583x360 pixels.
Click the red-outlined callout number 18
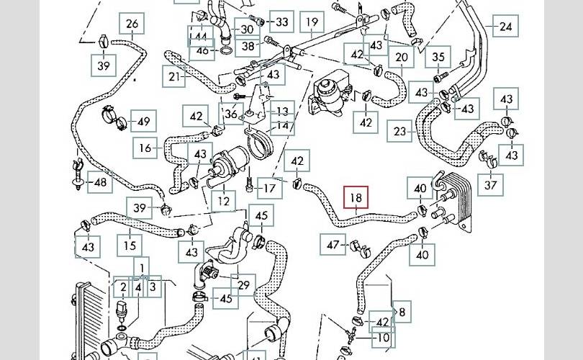point(356,199)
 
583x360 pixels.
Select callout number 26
point(132,24)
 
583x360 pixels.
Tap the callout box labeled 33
point(281,22)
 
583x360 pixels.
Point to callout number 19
point(312,23)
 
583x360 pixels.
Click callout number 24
point(506,27)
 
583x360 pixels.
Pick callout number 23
point(400,132)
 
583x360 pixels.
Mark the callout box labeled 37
point(492,185)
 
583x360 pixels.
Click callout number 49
point(144,121)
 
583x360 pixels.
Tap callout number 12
point(224,201)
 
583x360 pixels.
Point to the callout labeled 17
point(269,189)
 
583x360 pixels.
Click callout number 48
point(100,183)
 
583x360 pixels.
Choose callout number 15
point(130,246)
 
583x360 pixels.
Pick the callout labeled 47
point(333,246)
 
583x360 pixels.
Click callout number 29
point(244,286)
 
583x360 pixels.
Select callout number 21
point(174,76)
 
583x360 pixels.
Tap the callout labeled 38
point(249,46)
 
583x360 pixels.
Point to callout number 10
point(383,337)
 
